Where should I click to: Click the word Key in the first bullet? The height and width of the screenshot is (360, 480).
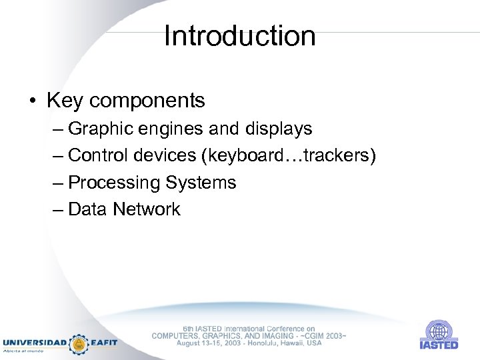pyautogui.click(x=65, y=101)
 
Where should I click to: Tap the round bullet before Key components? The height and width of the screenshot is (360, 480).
pyautogui.click(x=32, y=101)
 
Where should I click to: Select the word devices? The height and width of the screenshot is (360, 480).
pyautogui.click(x=166, y=155)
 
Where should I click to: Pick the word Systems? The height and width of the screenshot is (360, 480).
pyautogui.click(x=201, y=183)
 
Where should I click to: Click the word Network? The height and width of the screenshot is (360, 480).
pyautogui.click(x=147, y=209)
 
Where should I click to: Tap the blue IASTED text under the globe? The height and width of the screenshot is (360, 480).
pyautogui.click(x=439, y=345)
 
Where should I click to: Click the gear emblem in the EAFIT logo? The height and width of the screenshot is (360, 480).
pyautogui.click(x=79, y=343)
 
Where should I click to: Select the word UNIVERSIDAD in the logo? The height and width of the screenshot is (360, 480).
pyautogui.click(x=35, y=342)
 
